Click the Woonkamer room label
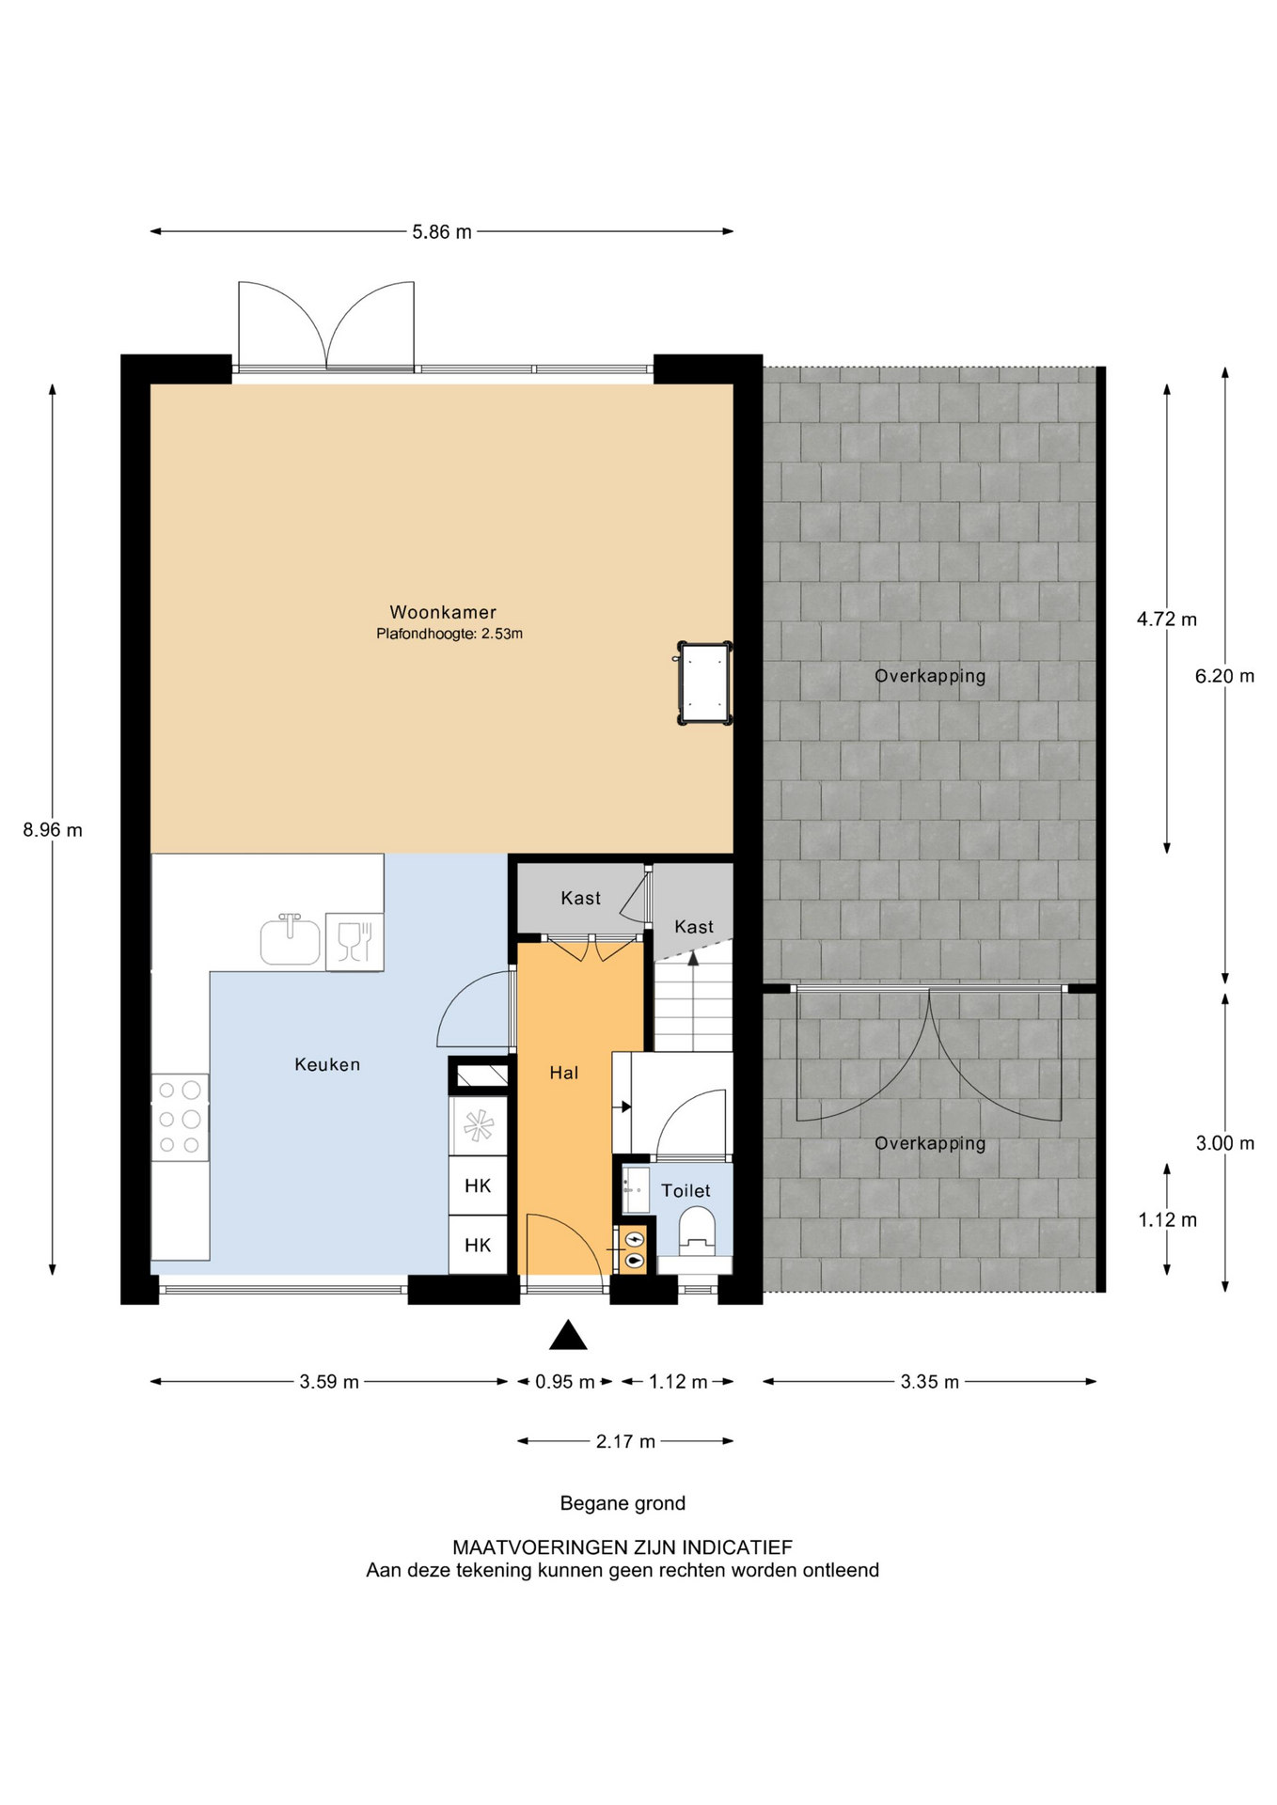(443, 612)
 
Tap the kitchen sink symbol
(291, 940)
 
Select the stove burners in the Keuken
(180, 1118)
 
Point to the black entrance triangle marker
(568, 1336)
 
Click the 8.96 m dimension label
(53, 830)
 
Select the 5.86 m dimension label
(442, 231)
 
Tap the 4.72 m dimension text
(1167, 620)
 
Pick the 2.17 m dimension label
(625, 1441)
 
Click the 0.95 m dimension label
(565, 1382)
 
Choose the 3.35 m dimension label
(930, 1382)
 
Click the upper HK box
(478, 1185)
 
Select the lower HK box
(478, 1246)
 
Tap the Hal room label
(564, 1073)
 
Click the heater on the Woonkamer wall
(705, 683)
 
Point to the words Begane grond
(623, 1503)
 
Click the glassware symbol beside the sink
(355, 941)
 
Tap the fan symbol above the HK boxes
(479, 1125)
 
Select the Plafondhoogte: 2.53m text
(449, 635)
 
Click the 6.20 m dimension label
(1224, 676)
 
